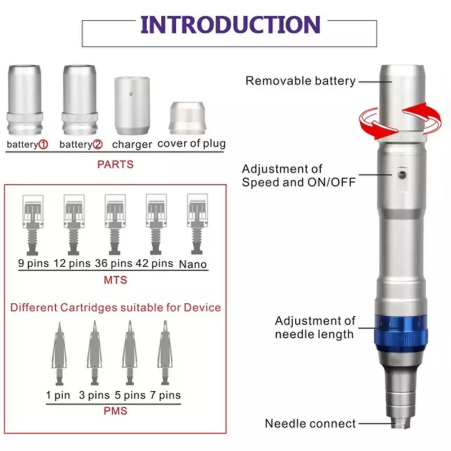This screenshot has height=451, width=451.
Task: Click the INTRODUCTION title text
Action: [x=229, y=25]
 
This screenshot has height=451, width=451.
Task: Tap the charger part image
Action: [x=131, y=104]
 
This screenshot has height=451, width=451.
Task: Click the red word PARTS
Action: [x=115, y=165]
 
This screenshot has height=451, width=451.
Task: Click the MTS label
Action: [x=115, y=280]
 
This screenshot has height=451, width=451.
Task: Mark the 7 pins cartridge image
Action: [x=165, y=353]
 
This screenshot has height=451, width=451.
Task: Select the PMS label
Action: [x=115, y=411]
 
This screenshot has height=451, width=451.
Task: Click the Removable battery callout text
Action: [x=300, y=81]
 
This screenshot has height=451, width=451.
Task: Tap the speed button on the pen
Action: [x=401, y=175]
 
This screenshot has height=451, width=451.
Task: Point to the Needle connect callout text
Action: [x=310, y=423]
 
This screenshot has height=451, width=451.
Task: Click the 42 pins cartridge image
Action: [x=156, y=223]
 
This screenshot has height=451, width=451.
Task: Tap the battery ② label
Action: [x=81, y=145]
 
